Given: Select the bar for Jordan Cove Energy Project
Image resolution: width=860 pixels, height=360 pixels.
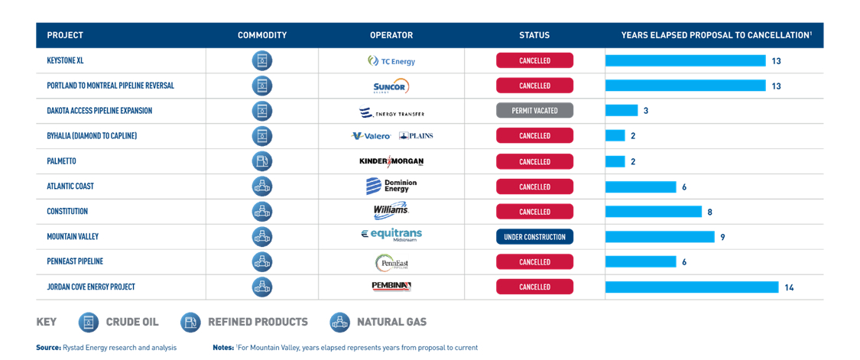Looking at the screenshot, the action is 692,287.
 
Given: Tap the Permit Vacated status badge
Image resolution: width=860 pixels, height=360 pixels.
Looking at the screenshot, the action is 535,110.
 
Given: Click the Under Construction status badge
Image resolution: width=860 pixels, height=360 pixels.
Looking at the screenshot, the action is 535,237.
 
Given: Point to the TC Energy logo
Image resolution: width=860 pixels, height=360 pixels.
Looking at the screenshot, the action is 391,61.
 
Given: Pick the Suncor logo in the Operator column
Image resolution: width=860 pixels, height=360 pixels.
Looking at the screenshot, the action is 391,86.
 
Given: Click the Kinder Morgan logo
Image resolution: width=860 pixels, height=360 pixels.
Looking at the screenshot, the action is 391,161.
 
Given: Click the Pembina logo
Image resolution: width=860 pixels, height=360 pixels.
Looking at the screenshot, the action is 391,287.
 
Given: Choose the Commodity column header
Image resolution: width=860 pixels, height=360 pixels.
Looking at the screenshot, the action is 262,35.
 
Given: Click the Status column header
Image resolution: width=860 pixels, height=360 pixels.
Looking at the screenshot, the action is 534,35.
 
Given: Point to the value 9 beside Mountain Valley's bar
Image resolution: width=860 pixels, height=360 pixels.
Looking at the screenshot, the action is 723,237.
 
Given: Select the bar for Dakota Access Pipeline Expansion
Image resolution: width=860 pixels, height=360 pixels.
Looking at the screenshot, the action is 621,110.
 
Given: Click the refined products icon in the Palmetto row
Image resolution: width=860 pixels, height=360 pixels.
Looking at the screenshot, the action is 261,161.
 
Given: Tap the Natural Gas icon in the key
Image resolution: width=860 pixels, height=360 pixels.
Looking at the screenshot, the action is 339,322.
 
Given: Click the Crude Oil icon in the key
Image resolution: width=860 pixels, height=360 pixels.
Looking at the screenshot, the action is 89,322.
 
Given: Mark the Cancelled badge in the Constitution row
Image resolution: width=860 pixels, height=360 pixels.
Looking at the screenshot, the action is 535,212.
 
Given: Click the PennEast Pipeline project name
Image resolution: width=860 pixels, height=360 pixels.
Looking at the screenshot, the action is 75,261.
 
